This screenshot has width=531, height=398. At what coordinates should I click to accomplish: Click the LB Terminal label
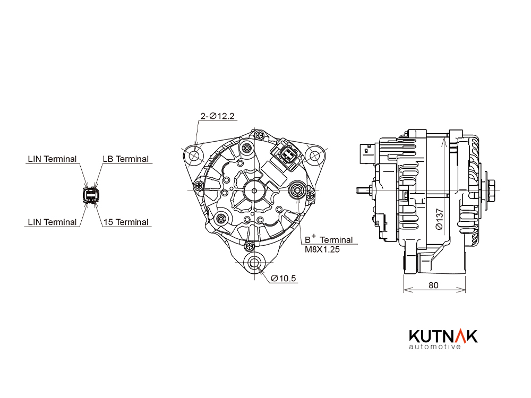point(126,159)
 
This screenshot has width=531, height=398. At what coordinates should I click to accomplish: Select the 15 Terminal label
point(126,222)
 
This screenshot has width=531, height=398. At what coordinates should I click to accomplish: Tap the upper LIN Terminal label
point(52,159)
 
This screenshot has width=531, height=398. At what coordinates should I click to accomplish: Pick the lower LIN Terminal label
point(52,222)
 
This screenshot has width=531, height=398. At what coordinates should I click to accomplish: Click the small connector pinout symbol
point(91,195)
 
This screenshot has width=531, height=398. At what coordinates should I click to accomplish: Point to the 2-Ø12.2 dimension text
point(217,116)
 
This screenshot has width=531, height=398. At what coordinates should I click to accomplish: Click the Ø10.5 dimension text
point(284,278)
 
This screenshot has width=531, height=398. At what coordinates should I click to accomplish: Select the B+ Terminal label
point(329,239)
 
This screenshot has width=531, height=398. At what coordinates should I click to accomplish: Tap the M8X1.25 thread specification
point(322,249)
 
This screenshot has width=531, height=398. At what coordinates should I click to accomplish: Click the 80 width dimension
point(433,285)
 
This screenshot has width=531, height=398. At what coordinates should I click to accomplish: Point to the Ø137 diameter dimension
point(439,219)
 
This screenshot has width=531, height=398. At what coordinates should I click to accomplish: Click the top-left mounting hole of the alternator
point(194,155)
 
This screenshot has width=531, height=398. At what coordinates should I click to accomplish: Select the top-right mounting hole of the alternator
point(315,155)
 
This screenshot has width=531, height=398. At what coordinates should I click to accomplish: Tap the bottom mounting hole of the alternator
point(255,263)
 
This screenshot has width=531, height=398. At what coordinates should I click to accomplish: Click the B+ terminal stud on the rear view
point(297,190)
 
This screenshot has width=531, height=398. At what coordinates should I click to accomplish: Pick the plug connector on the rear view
point(287,154)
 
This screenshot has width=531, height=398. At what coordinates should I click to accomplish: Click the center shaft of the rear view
point(255,191)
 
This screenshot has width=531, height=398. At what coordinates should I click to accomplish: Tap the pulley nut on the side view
point(492,191)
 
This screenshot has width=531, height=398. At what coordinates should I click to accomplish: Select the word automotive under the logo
point(435,347)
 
